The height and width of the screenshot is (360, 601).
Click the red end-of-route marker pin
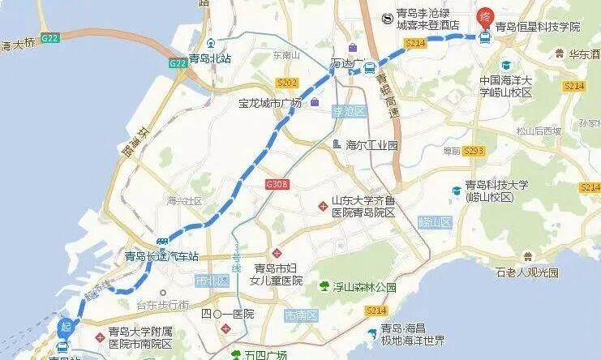click(484, 15)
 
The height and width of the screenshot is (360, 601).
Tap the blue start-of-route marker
click(65, 328)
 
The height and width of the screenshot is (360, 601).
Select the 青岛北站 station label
click(210, 58)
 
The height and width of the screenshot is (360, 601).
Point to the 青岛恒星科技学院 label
click(538, 27)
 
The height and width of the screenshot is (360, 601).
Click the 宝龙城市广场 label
click(269, 103)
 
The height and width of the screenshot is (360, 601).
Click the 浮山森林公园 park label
click(364, 287)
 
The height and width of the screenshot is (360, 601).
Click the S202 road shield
click(287, 83)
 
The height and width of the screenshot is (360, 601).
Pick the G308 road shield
click(277, 185)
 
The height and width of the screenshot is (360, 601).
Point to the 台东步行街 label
click(162, 305)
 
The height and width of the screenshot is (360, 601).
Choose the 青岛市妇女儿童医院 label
click(278, 275)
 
